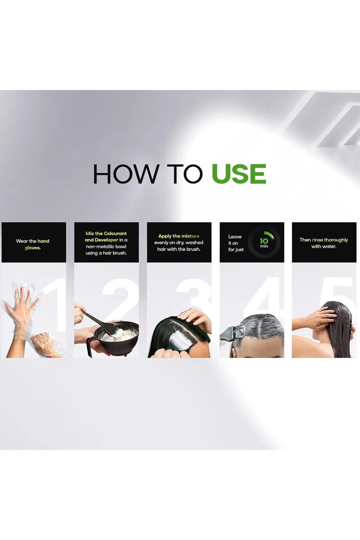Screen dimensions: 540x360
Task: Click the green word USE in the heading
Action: click(x=238, y=174)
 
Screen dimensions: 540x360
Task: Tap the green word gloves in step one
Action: click(x=32, y=248)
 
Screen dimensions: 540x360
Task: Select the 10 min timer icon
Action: click(x=264, y=243)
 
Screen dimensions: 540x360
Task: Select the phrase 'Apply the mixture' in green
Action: click(x=179, y=236)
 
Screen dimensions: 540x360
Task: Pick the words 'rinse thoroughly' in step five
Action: click(x=330, y=240)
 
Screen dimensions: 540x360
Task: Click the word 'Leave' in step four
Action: click(x=235, y=237)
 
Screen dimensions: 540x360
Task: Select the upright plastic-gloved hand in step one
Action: click(x=22, y=306)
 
